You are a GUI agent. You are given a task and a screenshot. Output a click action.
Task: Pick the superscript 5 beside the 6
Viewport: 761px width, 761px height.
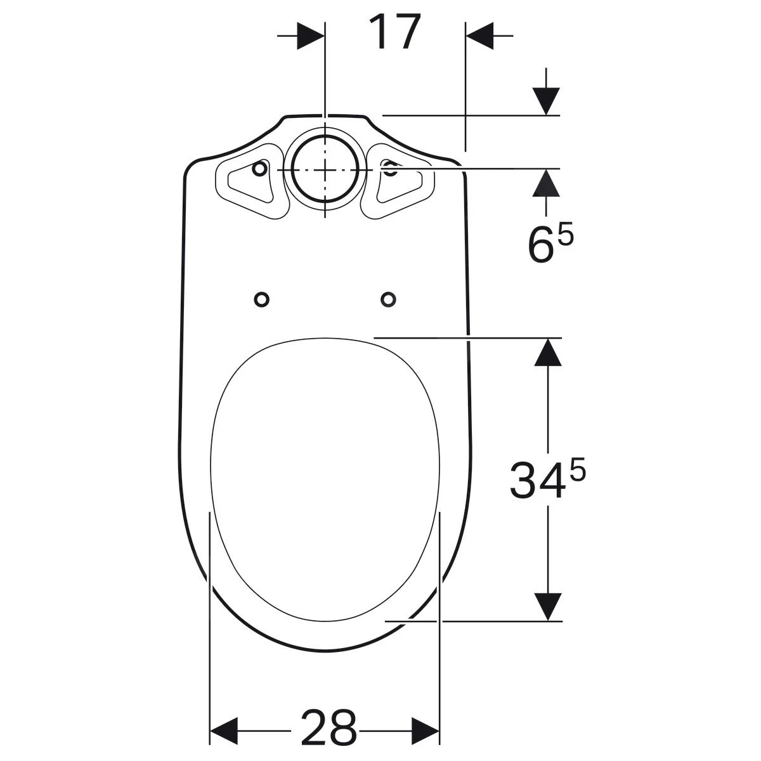tap(566, 235)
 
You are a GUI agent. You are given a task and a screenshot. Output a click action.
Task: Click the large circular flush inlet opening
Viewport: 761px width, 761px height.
tap(325, 170)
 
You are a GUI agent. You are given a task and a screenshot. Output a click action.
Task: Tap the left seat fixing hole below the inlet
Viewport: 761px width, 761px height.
tap(261, 299)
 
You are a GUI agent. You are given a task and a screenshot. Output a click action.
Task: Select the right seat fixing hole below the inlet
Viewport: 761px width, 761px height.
tap(388, 299)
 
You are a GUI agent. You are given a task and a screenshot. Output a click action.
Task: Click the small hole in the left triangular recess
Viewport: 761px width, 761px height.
tap(259, 169)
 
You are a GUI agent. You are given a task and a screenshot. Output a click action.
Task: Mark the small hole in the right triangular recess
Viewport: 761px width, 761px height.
tap(390, 169)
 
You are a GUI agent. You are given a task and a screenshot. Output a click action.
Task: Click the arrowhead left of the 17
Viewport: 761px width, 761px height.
tap(311, 36)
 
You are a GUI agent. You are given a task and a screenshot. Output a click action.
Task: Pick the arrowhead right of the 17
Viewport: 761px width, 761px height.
tap(480, 36)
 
